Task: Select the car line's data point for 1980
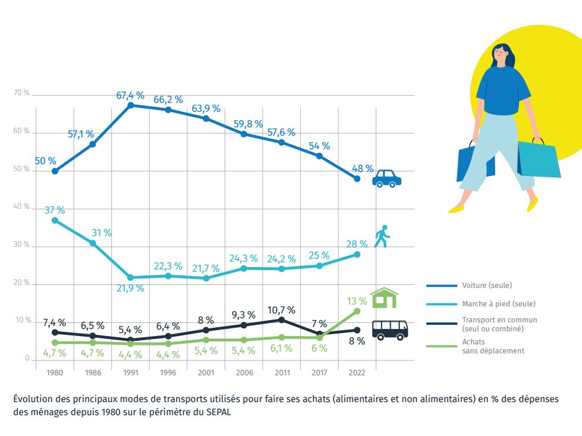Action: click(55, 171)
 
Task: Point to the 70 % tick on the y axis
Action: click(22, 93)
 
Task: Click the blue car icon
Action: click(386, 178)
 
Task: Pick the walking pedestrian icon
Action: click(383, 237)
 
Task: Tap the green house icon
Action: click(384, 298)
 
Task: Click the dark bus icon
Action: click(390, 330)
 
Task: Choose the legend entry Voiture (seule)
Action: click(486, 285)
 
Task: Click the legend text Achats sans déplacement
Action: click(493, 346)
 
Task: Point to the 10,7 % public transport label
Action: click(282, 310)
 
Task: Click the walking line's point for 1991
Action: click(130, 278)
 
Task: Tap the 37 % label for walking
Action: click(55, 210)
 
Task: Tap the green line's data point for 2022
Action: click(357, 311)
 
